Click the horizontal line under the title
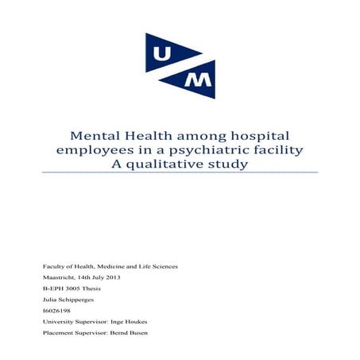pos(180,172)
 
